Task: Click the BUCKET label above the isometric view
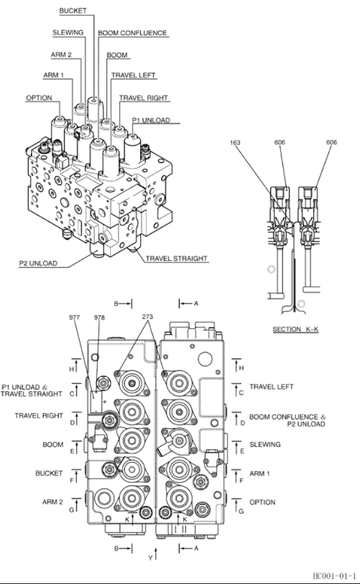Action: click(x=73, y=11)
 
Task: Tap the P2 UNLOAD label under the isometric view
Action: click(x=38, y=264)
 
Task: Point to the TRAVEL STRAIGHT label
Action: click(x=177, y=258)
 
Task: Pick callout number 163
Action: click(x=235, y=142)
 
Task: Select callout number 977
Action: click(x=74, y=317)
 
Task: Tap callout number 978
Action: click(x=98, y=317)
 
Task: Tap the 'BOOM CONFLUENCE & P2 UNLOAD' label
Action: click(x=287, y=420)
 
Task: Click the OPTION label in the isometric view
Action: click(x=38, y=98)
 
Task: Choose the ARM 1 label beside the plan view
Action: click(x=262, y=473)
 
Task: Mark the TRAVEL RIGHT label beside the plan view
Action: click(x=39, y=416)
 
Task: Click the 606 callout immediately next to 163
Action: click(x=280, y=142)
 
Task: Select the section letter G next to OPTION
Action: click(x=241, y=511)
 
